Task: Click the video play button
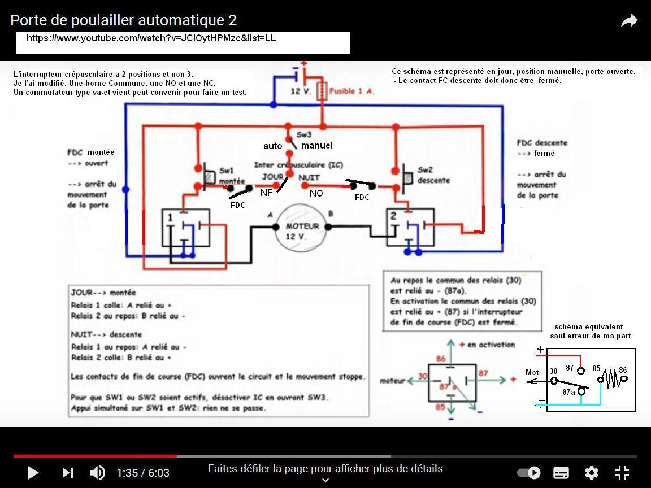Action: (33, 473)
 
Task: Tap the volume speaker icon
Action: (97, 473)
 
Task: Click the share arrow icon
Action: (629, 21)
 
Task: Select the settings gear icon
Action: (591, 473)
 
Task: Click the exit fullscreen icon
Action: (622, 473)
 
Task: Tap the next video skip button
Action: (68, 473)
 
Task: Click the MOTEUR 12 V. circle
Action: (302, 230)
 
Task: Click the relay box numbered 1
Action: (185, 228)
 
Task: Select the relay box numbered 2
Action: (410, 227)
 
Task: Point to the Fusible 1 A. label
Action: (351, 91)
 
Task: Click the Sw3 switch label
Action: (304, 135)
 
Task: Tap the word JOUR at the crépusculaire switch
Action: (272, 177)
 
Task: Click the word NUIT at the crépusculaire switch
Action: (309, 177)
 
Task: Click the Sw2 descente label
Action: (433, 175)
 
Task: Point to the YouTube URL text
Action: (151, 38)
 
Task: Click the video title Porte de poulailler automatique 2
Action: (123, 20)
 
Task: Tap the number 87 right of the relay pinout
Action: (483, 373)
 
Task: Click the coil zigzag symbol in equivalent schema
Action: (610, 378)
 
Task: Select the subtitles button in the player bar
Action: (561, 473)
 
